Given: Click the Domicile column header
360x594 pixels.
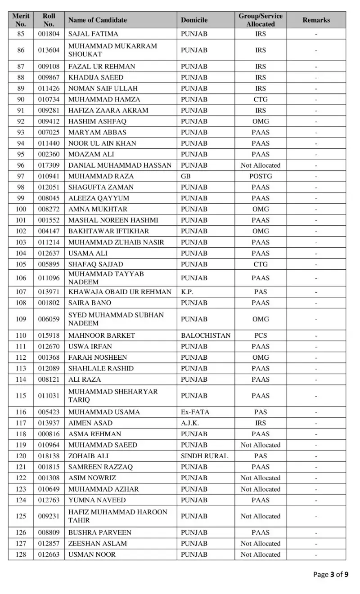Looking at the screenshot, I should (194, 20).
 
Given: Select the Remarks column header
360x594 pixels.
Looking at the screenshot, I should (316, 20).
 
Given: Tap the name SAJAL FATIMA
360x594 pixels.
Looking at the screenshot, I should (93, 34).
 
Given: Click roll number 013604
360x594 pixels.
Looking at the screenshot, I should (49, 50).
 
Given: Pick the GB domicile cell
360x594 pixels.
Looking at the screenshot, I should (185, 176).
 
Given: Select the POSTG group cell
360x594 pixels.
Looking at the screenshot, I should (261, 176).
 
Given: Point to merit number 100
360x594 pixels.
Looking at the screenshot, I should (21, 209).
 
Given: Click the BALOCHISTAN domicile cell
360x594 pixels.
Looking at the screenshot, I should (205, 335).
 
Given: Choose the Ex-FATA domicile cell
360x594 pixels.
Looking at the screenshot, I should (195, 412).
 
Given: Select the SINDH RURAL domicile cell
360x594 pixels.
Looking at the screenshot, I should (204, 456).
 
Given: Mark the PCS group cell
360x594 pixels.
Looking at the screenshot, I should (261, 335).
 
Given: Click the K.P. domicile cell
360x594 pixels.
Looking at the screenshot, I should (187, 292).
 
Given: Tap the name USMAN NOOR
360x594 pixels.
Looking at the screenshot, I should (92, 554).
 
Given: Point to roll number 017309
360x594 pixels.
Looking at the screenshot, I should (49, 165).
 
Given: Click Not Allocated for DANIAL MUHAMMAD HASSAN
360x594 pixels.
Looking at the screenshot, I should (261, 165).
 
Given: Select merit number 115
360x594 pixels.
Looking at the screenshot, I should (21, 396).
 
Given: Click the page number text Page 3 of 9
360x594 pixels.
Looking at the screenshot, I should (331, 574).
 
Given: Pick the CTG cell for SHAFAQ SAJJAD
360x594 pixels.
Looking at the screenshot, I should (261, 264).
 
